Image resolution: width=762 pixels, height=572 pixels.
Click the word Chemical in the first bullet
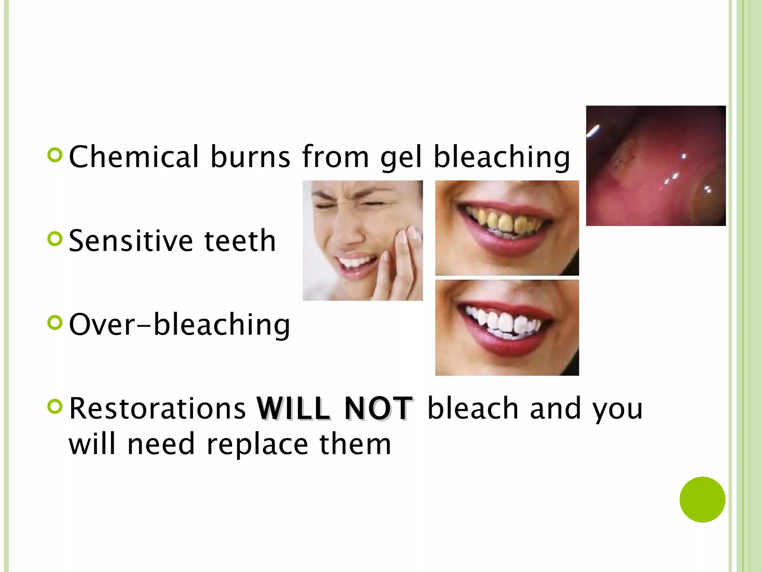pyautogui.click(x=134, y=157)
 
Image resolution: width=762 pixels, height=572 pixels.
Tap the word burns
pyautogui.click(x=250, y=157)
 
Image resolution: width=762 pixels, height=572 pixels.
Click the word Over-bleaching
pyautogui.click(x=179, y=325)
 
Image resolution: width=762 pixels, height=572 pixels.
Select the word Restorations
pyautogui.click(x=157, y=409)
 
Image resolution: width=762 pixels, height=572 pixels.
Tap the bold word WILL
pyautogui.click(x=293, y=409)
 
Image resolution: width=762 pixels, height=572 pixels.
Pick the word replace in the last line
pyautogui.click(x=257, y=444)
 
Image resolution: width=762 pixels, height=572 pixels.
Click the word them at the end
pyautogui.click(x=355, y=444)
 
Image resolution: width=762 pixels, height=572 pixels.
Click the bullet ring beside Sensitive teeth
pyautogui.click(x=55, y=239)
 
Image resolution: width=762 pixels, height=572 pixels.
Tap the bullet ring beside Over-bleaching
pyautogui.click(x=55, y=322)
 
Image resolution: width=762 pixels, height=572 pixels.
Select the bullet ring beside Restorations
pyautogui.click(x=55, y=406)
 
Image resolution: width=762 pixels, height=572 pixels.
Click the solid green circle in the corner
pyautogui.click(x=702, y=499)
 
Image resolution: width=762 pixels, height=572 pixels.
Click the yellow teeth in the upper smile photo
pyautogui.click(x=502, y=222)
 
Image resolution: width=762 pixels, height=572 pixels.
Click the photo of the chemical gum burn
pyautogui.click(x=656, y=166)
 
